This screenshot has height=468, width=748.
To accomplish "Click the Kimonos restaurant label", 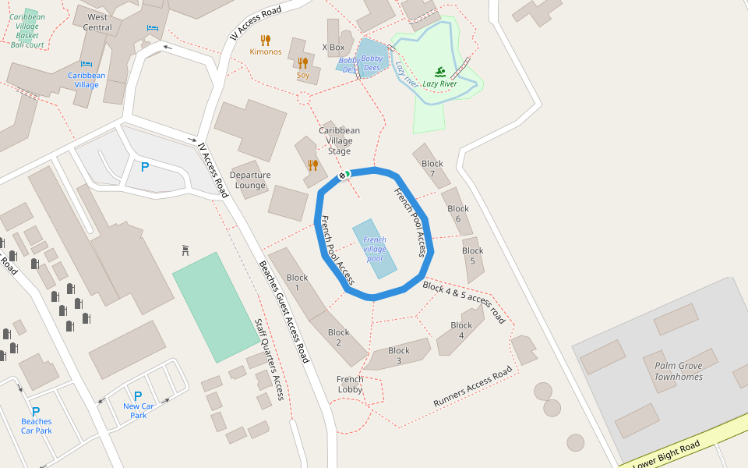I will click(x=266, y=51).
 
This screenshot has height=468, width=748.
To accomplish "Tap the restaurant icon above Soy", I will click(x=303, y=63).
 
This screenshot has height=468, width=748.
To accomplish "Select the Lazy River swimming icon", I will click(x=439, y=71).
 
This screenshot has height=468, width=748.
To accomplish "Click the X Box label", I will click(x=333, y=48).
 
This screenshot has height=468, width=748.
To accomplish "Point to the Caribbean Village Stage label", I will click(x=339, y=140).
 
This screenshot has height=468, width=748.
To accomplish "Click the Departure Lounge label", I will click(x=250, y=180).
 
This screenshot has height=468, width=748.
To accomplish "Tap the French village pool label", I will click(x=375, y=249).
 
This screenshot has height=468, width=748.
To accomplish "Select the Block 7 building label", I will click(x=432, y=168).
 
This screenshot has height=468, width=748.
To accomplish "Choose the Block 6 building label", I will click(x=458, y=214).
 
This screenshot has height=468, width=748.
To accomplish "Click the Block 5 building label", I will click(x=472, y=256).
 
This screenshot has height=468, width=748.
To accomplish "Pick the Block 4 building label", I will click(x=461, y=330).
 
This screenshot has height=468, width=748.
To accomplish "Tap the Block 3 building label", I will click(x=399, y=356).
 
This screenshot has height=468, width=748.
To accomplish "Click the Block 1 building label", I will click(x=297, y=282).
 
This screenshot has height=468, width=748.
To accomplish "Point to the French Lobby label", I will click(x=350, y=385).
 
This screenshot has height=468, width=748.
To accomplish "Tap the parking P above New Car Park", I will click(x=138, y=396).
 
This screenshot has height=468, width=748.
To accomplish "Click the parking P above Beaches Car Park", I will click(x=36, y=411).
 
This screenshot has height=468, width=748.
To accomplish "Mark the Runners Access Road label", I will click(x=473, y=386).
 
